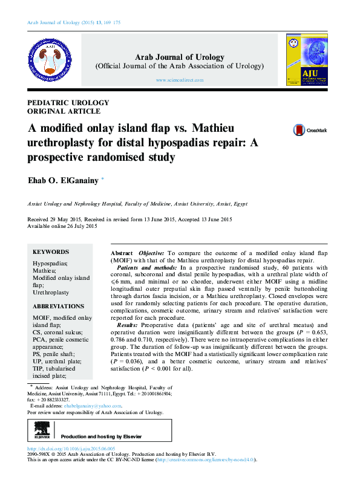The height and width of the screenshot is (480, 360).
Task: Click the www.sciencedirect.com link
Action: pyautogui.click(x=178, y=80)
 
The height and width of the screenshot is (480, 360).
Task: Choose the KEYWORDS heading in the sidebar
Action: pyautogui.click(x=51, y=252)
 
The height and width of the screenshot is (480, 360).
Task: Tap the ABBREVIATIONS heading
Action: pyautogui.click(x=58, y=306)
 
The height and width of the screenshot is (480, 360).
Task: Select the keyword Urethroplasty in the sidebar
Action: pyautogui.click(x=51, y=292)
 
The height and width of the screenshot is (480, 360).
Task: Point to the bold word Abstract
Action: pyautogui.click(x=122, y=252)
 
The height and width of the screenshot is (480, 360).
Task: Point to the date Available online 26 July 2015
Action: pyautogui.click(x=62, y=226)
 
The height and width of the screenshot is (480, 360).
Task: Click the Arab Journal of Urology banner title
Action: pyautogui.click(x=179, y=57)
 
